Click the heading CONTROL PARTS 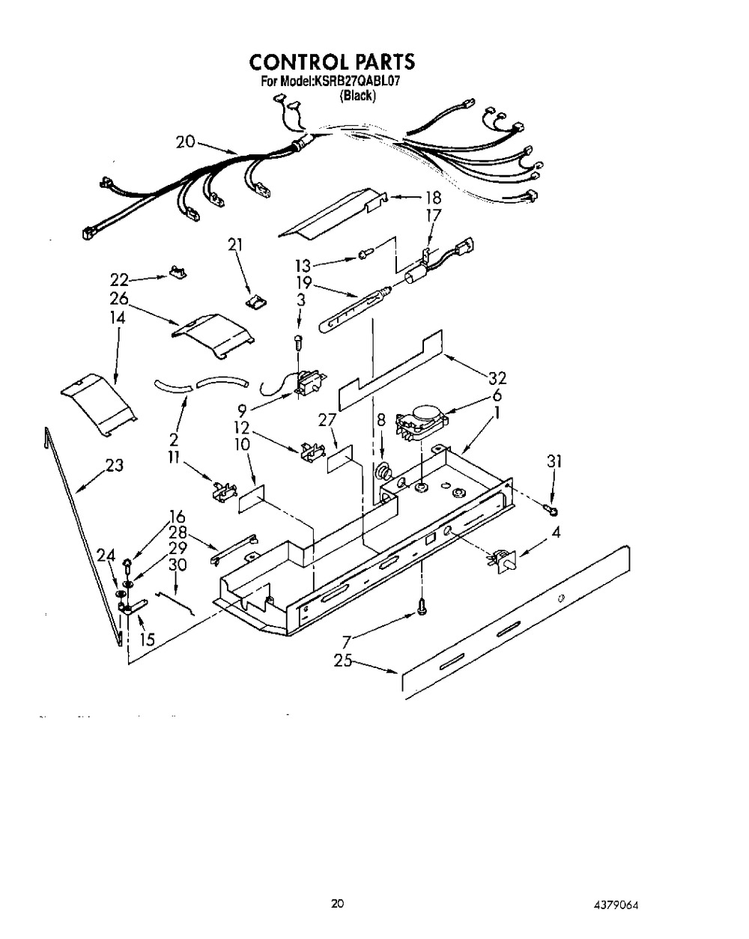pyautogui.click(x=331, y=61)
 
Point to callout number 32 pyautogui.click(x=497, y=378)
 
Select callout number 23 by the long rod pyautogui.click(x=114, y=465)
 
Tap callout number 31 pyautogui.click(x=554, y=461)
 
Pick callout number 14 pyautogui.click(x=117, y=317)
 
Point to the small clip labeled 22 pyautogui.click(x=178, y=273)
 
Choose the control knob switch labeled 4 pyautogui.click(x=502, y=559)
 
